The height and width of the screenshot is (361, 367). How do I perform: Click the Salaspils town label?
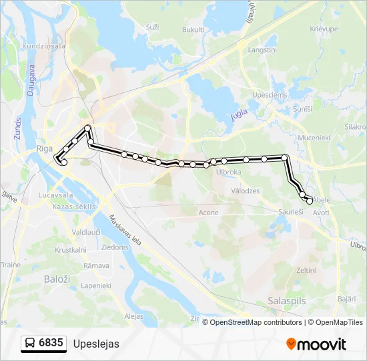286,301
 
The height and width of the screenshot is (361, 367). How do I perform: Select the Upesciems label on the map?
270,95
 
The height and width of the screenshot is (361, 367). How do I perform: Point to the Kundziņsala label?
43,46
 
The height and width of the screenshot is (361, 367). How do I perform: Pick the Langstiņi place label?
262,50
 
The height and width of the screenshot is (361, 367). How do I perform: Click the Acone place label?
208,213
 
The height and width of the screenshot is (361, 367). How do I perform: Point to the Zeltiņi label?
305,270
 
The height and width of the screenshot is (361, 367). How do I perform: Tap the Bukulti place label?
192,29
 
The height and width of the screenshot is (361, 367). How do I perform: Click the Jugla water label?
238,115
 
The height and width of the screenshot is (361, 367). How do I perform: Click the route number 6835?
51,344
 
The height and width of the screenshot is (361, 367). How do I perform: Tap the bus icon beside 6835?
31,344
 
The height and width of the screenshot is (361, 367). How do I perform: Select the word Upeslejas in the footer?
96,344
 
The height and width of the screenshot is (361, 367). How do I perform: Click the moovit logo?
316,344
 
